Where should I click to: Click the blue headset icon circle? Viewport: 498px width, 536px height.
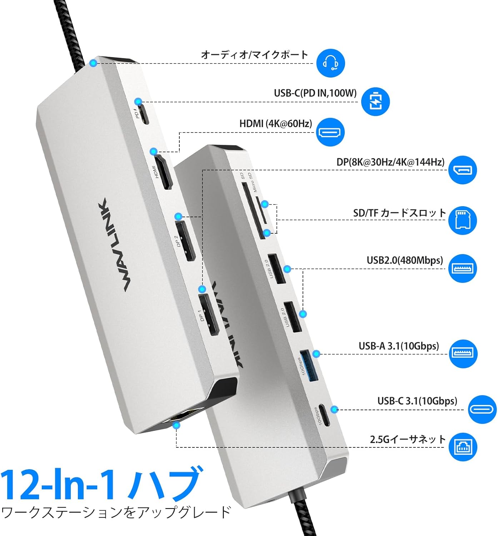[x=330, y=63]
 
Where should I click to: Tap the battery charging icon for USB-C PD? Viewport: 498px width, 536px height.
[x=375, y=101]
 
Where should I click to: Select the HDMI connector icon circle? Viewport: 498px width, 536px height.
[x=330, y=132]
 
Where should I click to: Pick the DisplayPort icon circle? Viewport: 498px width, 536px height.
[x=463, y=170]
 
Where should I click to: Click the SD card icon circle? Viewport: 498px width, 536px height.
[x=463, y=220]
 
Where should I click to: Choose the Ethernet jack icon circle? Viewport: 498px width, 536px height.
[x=463, y=447]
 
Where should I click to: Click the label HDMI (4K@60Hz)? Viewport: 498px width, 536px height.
[x=275, y=124]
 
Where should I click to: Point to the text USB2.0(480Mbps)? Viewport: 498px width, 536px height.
[x=404, y=260]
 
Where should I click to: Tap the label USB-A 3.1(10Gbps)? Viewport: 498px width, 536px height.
[x=399, y=346]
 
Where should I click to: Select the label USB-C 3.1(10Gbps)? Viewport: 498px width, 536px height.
[x=417, y=401]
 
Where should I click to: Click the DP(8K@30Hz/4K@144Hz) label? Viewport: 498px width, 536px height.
[x=390, y=162]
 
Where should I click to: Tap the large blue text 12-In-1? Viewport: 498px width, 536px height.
[x=59, y=485]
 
